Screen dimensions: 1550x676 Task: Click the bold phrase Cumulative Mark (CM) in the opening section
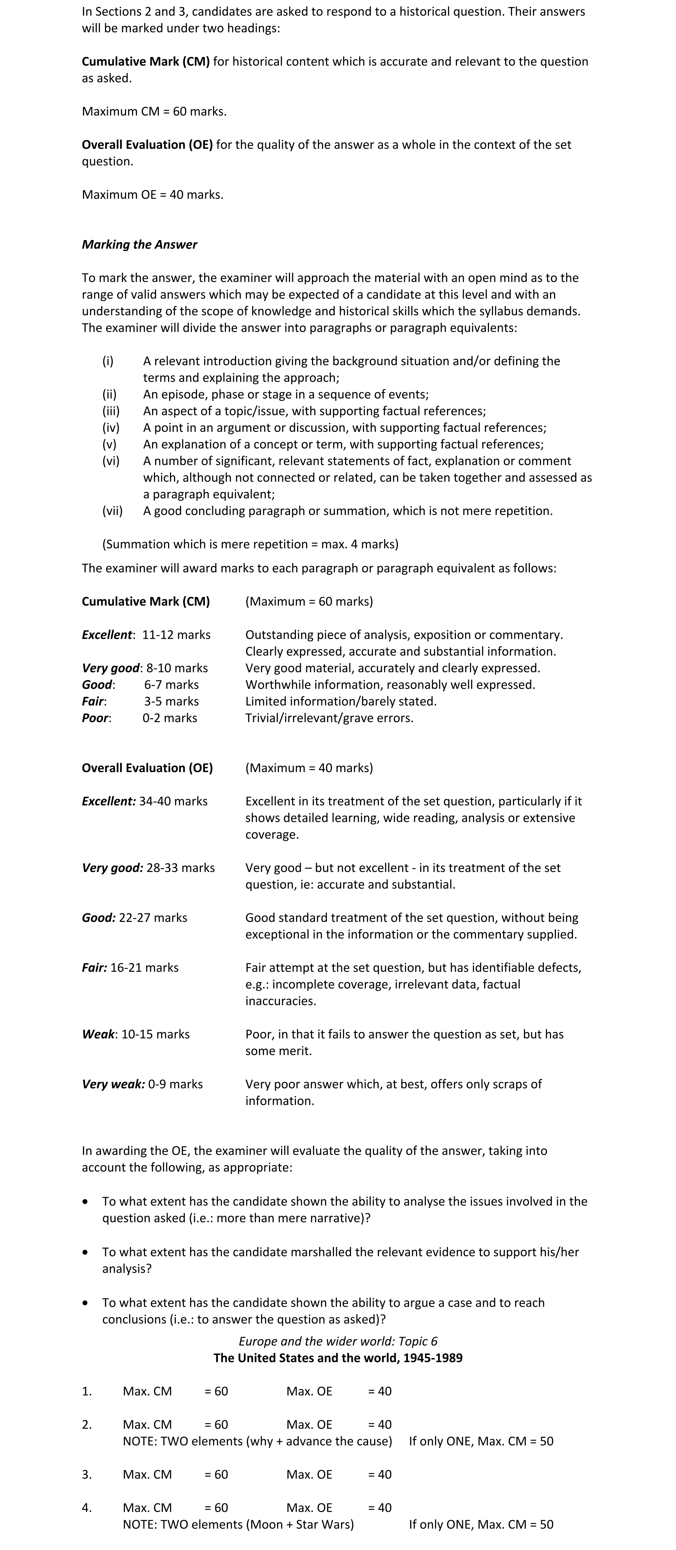click(x=145, y=61)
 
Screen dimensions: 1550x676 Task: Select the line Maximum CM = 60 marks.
click(x=154, y=111)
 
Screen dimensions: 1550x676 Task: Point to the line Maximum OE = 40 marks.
click(x=152, y=194)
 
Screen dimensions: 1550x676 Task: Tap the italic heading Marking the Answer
click(x=139, y=244)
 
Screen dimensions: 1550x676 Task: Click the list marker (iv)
click(x=111, y=428)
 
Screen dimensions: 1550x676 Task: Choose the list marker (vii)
click(x=112, y=511)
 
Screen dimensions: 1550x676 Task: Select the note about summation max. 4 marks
click(x=250, y=544)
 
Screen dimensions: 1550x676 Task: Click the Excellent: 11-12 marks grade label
click(x=146, y=635)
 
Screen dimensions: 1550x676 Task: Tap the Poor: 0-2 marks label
click(x=139, y=718)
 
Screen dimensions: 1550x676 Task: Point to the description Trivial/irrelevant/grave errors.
click(x=329, y=718)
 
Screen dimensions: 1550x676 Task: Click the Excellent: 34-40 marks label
click(x=144, y=801)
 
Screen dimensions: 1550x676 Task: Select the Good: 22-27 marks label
click(x=135, y=917)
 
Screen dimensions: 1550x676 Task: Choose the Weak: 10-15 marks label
click(x=136, y=1034)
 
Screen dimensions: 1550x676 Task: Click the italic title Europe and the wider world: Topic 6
click(x=338, y=1341)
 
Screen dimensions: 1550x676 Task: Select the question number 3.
click(x=87, y=1474)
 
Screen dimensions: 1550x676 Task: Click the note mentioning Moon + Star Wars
click(x=238, y=1524)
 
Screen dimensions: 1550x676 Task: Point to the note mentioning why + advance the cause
click(x=257, y=1441)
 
